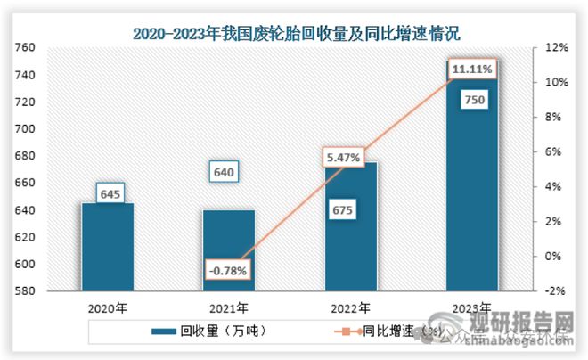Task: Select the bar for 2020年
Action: (x=107, y=247)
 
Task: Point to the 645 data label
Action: (x=107, y=192)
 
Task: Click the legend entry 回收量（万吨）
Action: (x=219, y=330)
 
